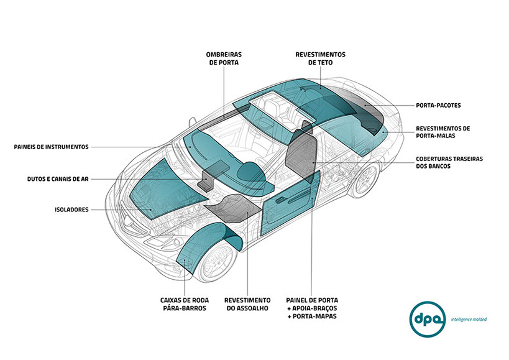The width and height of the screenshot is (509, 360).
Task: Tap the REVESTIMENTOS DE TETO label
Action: coord(320,58)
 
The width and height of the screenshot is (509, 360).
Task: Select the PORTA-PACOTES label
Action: coord(438,104)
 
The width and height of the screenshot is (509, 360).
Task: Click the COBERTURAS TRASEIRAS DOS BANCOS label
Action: coord(449,163)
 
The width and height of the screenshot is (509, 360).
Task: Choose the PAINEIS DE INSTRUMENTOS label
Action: coord(52,147)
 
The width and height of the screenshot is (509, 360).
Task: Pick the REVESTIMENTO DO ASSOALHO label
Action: coord(247,303)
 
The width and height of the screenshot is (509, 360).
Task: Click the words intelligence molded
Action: coord(469,319)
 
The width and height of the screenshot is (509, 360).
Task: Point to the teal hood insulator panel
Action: coord(165,187)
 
